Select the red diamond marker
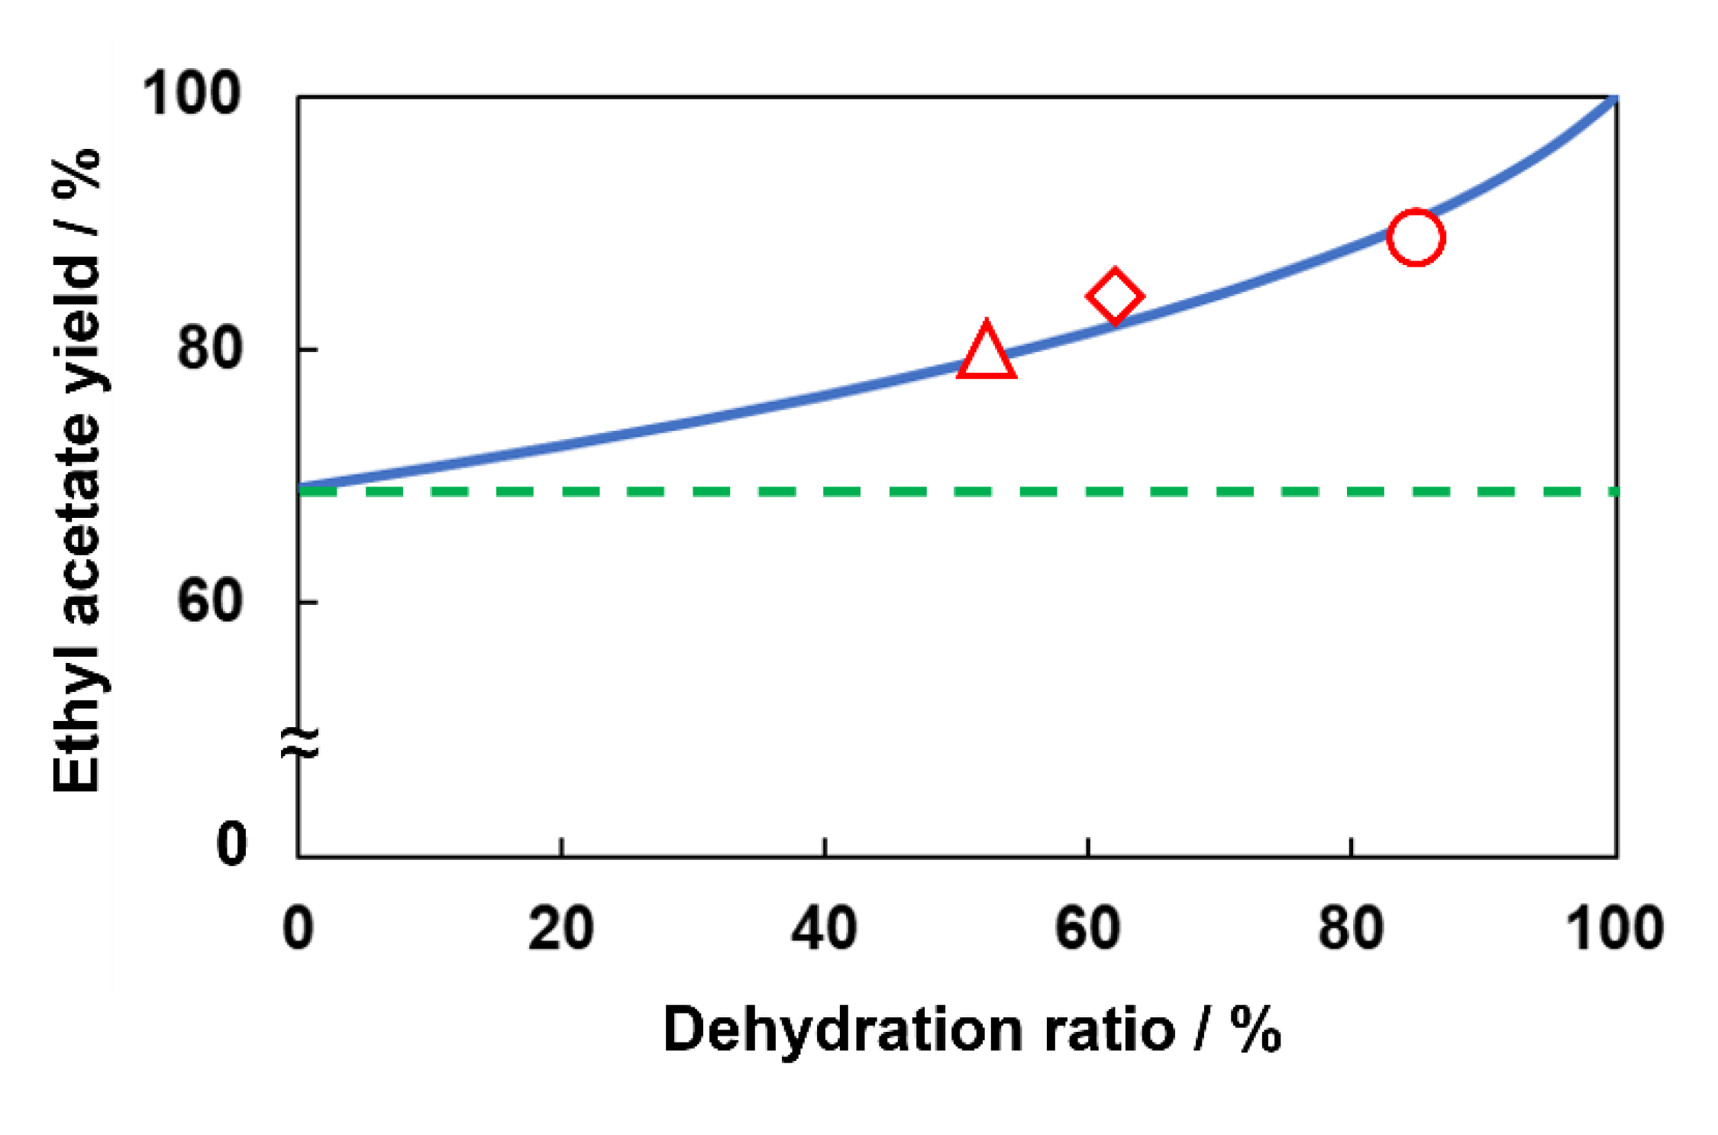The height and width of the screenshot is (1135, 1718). point(1114,296)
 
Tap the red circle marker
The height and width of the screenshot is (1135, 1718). point(1416,237)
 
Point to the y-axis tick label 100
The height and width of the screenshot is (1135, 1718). point(192,94)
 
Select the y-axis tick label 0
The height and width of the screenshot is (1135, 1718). point(231,843)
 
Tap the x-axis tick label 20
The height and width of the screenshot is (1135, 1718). point(560,929)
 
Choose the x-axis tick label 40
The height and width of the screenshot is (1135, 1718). point(824,929)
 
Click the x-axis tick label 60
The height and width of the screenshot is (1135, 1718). point(1087,929)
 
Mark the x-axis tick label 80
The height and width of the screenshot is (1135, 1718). point(1351,929)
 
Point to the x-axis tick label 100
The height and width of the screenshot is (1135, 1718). point(1614,929)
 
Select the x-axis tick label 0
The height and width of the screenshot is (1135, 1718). point(298,929)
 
